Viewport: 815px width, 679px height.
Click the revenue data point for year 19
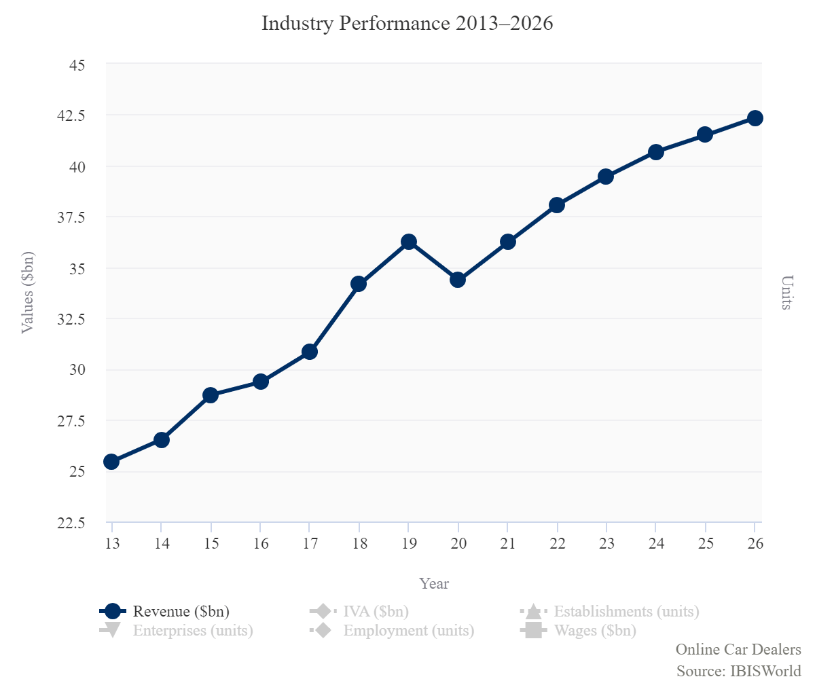pos(408,242)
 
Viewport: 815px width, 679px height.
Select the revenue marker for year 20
pos(458,279)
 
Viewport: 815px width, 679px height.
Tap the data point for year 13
pos(111,462)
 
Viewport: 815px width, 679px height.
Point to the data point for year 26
pos(755,118)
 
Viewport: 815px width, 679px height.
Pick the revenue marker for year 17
pos(310,351)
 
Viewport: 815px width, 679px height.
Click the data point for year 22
pos(557,205)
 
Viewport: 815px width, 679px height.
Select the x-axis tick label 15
pos(211,543)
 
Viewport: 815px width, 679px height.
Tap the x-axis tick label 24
pos(655,543)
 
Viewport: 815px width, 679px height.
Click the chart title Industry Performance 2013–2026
pos(407,24)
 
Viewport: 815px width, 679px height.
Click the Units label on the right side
pos(786,292)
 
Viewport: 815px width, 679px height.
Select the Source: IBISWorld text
pos(738,670)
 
